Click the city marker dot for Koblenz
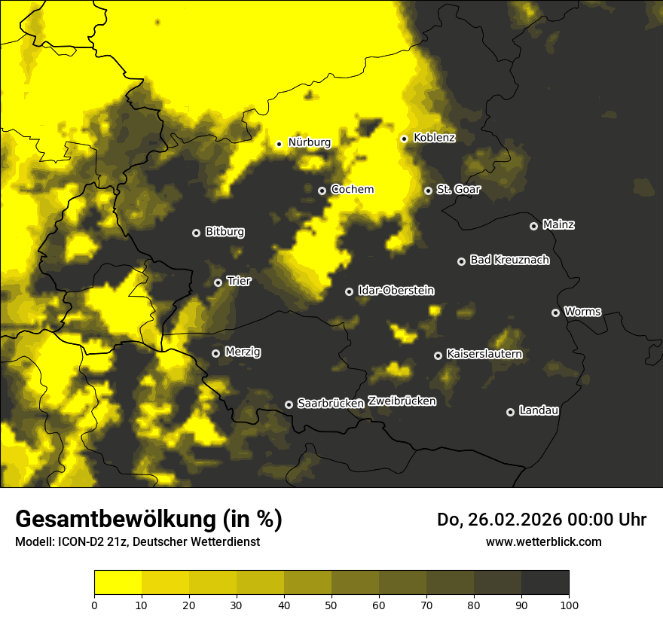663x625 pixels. (x=405, y=139)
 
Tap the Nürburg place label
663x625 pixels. (x=310, y=142)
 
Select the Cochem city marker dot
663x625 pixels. (x=322, y=191)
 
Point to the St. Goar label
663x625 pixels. (x=458, y=190)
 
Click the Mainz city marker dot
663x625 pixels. (x=533, y=226)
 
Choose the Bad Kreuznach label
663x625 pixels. (x=509, y=260)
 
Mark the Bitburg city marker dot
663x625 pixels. (x=196, y=233)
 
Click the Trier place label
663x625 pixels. (x=239, y=281)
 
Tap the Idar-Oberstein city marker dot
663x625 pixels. (x=349, y=291)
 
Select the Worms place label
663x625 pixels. (x=582, y=311)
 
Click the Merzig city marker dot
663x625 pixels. (x=215, y=353)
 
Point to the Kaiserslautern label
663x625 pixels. (x=484, y=354)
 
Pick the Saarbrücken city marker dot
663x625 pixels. (x=289, y=404)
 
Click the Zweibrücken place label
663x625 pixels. (x=402, y=401)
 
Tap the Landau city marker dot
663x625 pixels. (x=510, y=412)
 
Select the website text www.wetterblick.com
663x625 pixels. (x=543, y=541)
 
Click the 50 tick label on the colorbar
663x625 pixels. (x=331, y=605)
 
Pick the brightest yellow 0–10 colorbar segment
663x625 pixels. (x=118, y=583)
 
